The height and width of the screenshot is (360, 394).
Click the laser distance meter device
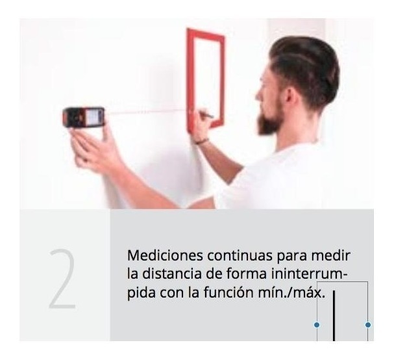84,117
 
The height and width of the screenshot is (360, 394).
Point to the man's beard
270,121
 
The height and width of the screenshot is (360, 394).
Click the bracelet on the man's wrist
202,142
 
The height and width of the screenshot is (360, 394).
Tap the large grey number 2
62,279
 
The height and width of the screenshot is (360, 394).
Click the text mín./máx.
291,292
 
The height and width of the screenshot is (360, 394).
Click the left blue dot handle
317,325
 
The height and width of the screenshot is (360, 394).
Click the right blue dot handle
368,325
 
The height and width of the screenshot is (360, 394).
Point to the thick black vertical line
334,316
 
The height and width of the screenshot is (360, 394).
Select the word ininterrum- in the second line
310,274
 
